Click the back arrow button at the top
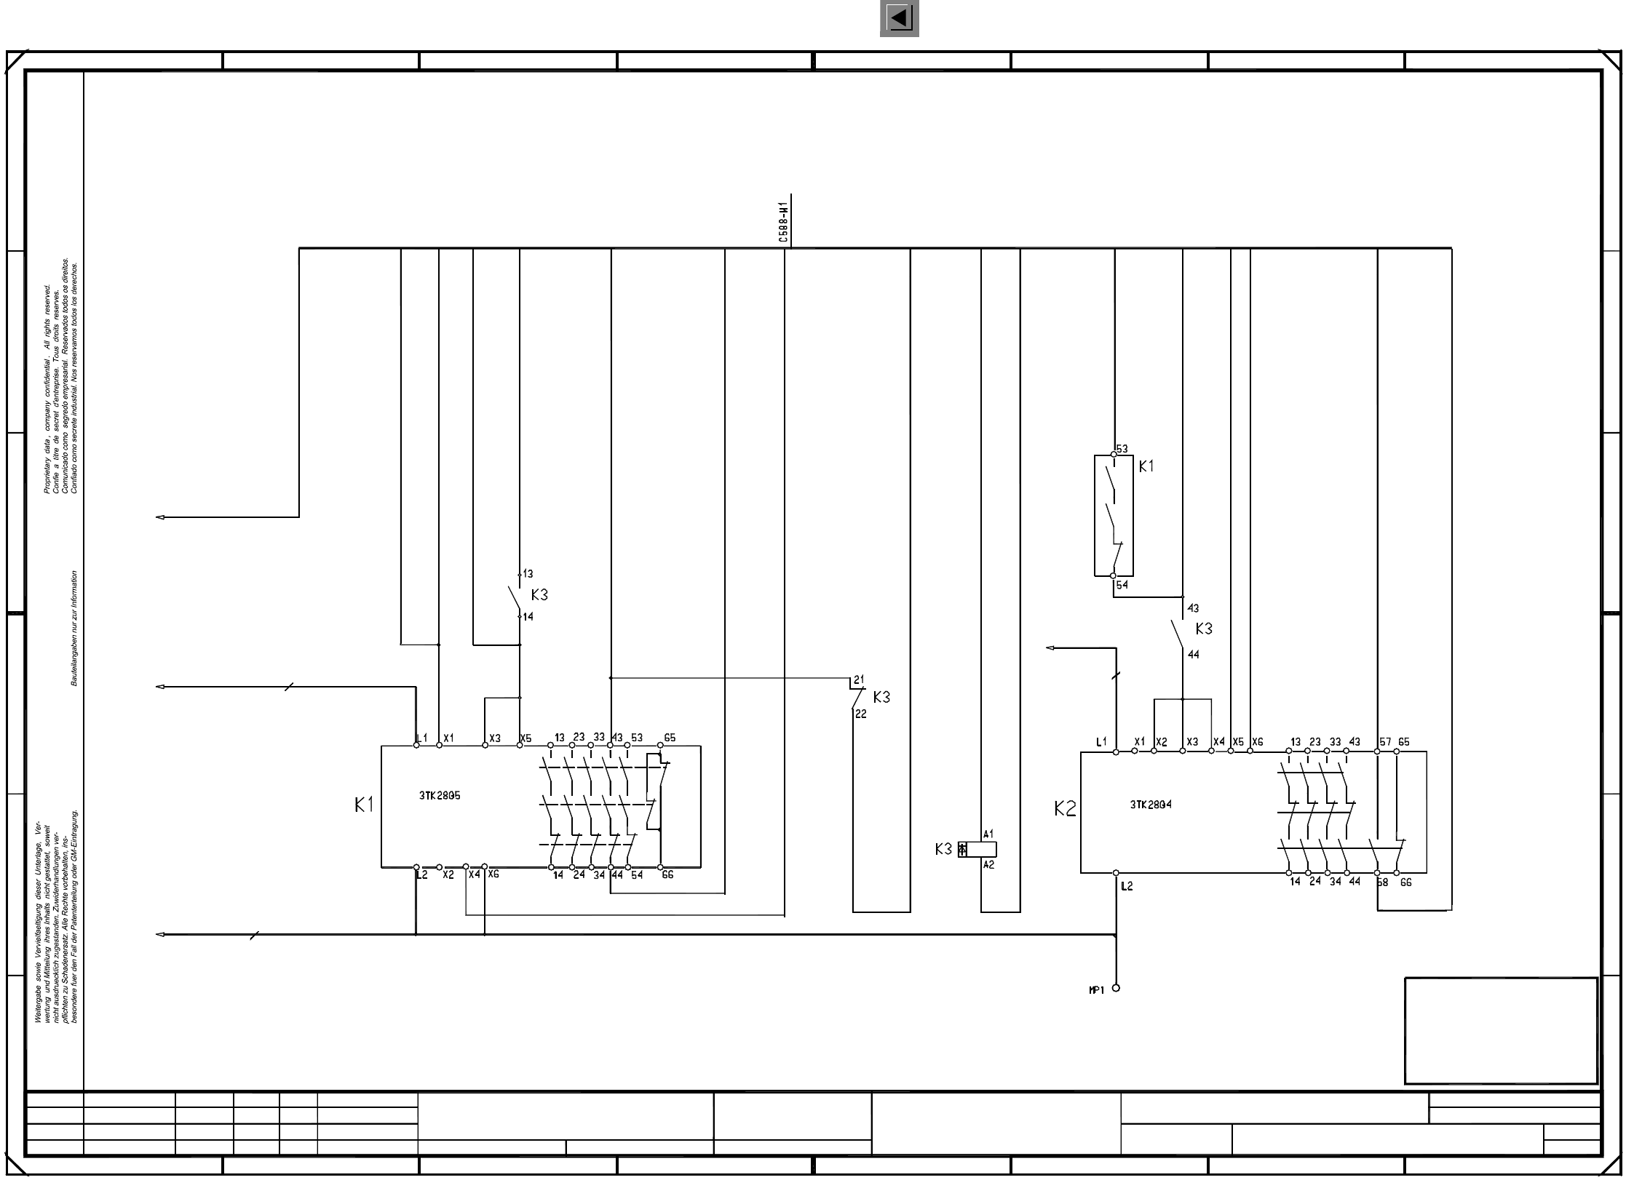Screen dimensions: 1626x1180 (x=899, y=18)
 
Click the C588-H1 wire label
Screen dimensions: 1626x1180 (x=782, y=223)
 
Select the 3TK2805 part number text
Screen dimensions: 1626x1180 (x=439, y=795)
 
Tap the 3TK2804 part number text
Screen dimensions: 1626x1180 (x=1151, y=805)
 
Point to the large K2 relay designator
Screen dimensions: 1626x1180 (x=1065, y=808)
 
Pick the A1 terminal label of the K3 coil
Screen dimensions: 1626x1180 (x=988, y=834)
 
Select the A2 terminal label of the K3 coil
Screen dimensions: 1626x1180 (x=988, y=865)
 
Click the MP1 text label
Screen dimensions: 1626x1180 (x=1096, y=990)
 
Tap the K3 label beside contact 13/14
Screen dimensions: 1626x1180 (x=539, y=595)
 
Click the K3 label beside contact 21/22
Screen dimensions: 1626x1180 (x=881, y=697)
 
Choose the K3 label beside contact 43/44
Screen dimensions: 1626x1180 (x=1204, y=629)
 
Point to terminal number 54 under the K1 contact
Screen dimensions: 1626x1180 (x=1122, y=585)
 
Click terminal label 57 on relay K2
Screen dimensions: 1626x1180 (x=1384, y=742)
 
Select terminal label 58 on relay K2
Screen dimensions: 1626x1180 (x=1382, y=882)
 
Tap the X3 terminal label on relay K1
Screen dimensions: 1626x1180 (x=495, y=738)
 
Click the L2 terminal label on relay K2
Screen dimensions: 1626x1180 (x=1127, y=886)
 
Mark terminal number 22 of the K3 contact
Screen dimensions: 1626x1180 (x=861, y=714)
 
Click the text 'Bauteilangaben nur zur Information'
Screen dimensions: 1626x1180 (x=74, y=628)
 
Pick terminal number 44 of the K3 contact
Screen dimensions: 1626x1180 (x=1193, y=655)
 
